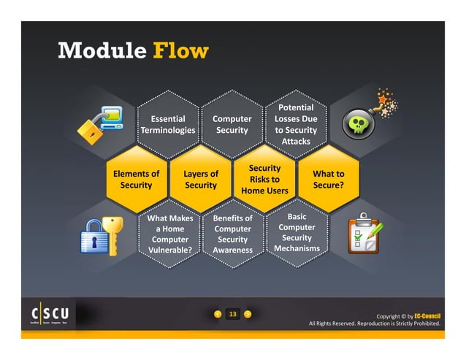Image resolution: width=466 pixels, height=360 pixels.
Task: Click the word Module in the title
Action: point(102,51)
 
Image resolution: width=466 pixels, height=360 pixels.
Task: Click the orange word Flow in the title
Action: point(181,51)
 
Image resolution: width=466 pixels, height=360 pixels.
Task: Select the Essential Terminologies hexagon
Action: point(168,124)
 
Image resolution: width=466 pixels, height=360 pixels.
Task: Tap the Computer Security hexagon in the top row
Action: point(232,124)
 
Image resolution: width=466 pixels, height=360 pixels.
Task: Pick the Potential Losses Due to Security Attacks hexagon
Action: point(296,124)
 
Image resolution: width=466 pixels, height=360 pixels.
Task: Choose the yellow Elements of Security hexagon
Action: point(136,180)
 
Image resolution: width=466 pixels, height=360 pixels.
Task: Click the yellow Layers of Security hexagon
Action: point(200,180)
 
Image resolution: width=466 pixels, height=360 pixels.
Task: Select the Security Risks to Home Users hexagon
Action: point(264,180)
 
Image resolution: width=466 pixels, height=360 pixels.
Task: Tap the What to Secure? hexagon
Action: point(328,180)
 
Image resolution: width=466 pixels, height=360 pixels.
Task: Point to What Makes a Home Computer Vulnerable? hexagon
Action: point(169,234)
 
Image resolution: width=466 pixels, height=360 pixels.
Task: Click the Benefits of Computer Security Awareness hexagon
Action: point(232,234)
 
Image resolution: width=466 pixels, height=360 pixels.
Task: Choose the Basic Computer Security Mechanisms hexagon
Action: point(297,233)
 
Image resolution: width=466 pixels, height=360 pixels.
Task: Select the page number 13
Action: point(233,315)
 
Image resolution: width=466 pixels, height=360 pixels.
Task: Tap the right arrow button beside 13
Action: point(248,315)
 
